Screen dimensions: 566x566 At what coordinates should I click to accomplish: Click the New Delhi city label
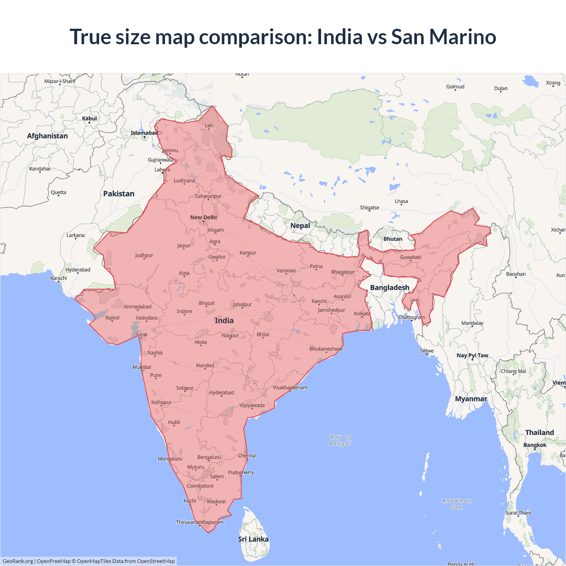tap(203, 217)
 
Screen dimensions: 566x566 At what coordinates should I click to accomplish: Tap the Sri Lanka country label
tap(253, 539)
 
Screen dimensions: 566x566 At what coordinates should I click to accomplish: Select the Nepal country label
tap(300, 226)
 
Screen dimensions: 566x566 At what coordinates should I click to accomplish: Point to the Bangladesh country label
tap(390, 287)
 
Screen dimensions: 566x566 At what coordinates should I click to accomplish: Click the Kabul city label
tap(89, 119)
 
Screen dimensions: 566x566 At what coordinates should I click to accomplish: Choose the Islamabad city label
tap(144, 133)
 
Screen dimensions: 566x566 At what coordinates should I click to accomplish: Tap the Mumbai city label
tap(142, 367)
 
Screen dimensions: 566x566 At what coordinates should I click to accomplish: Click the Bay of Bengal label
tap(340, 440)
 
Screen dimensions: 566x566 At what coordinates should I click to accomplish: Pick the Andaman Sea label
tap(457, 504)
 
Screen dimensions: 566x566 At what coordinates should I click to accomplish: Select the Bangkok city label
tap(535, 445)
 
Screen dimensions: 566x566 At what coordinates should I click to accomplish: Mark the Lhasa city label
tap(402, 201)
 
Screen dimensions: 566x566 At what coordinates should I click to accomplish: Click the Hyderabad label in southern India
tap(222, 393)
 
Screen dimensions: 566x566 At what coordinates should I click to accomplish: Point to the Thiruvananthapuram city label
tap(200, 522)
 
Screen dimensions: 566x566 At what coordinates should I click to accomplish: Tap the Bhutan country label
tap(393, 239)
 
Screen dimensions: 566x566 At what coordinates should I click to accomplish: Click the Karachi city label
tap(59, 278)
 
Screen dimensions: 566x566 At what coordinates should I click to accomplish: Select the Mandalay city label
tap(472, 323)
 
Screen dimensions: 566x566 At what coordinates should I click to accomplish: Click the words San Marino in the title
tap(444, 37)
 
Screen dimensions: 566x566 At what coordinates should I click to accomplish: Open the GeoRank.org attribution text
tap(18, 561)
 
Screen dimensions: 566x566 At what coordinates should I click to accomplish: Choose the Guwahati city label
tap(410, 257)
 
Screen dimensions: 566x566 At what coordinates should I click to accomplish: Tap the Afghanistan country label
tap(47, 136)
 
